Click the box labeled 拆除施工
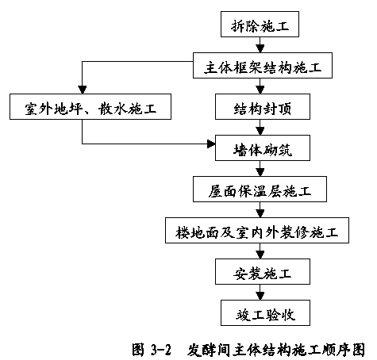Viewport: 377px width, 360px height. [x=260, y=24]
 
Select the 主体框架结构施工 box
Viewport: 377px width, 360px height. [x=263, y=65]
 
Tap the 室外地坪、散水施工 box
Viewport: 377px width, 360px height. [x=90, y=106]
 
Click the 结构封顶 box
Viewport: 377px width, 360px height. [x=263, y=106]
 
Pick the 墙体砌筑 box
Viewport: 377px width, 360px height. [x=263, y=147]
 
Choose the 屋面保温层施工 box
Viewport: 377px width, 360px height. [x=260, y=189]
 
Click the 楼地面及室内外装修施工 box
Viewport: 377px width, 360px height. [x=257, y=230]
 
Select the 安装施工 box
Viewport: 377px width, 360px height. [x=263, y=271]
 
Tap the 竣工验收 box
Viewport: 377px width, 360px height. [x=265, y=312]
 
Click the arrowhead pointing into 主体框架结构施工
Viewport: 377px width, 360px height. [x=260, y=48]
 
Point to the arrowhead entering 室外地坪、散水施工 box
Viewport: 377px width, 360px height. [x=83, y=90]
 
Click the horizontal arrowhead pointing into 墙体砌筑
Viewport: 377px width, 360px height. [x=211, y=144]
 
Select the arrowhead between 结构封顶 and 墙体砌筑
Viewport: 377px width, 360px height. [x=260, y=131]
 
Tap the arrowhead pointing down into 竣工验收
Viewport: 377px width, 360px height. [x=260, y=296]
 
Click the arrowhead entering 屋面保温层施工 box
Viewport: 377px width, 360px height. [x=260, y=172]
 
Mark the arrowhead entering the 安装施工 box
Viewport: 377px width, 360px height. [x=260, y=255]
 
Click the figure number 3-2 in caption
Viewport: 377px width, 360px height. [x=161, y=350]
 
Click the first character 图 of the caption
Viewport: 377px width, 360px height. [x=139, y=350]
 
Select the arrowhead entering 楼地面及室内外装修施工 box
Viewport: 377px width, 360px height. [x=260, y=213]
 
